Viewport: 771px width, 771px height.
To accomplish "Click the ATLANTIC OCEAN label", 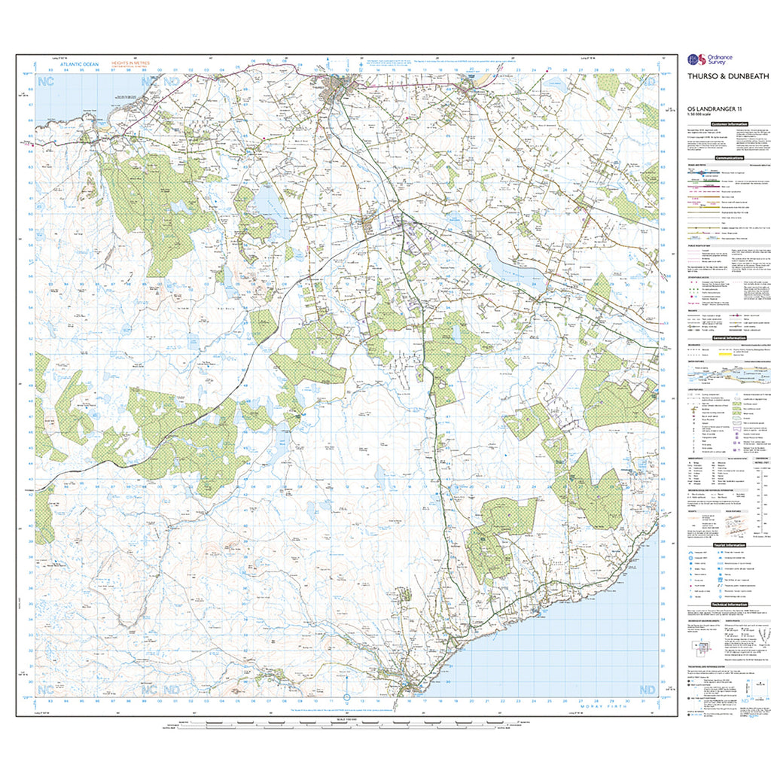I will [x=74, y=64].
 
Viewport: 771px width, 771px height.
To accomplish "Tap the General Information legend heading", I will [x=727, y=339].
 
